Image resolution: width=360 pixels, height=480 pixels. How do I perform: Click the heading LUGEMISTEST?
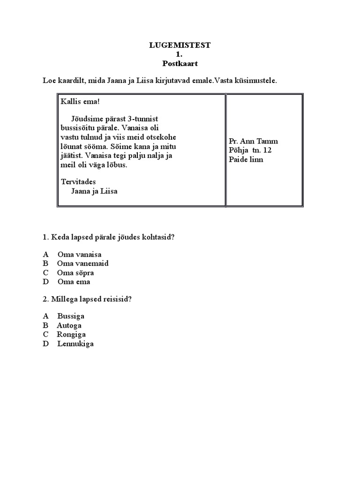pyautogui.click(x=180, y=45)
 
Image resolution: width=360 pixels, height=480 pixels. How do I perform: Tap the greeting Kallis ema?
pyautogui.click(x=81, y=102)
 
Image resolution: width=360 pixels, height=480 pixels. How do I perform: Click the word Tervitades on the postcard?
pyautogui.click(x=78, y=182)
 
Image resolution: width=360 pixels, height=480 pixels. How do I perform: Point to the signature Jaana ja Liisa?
pyautogui.click(x=94, y=191)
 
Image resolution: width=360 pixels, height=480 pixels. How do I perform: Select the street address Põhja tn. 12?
pyautogui.click(x=250, y=150)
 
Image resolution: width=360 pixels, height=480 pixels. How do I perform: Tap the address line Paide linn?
pyautogui.click(x=246, y=159)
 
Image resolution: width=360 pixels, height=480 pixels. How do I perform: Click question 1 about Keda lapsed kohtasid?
pyautogui.click(x=109, y=237)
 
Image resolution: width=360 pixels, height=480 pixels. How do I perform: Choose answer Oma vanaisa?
pyautogui.click(x=79, y=255)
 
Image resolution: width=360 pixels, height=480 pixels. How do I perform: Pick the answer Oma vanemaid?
pyautogui.click(x=82, y=263)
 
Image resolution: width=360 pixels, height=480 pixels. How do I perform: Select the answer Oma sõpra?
pyautogui.click(x=75, y=272)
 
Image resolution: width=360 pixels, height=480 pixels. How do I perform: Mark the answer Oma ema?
pyautogui.click(x=74, y=282)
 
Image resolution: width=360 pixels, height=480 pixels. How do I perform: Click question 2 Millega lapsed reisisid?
pyautogui.click(x=87, y=299)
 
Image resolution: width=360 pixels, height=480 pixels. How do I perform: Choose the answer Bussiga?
pyautogui.click(x=71, y=316)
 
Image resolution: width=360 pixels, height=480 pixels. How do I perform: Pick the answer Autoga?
pyautogui.click(x=69, y=325)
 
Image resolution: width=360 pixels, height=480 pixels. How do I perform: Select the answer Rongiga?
pyautogui.click(x=71, y=334)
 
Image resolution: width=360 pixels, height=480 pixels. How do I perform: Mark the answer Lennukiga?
pyautogui.click(x=75, y=344)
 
